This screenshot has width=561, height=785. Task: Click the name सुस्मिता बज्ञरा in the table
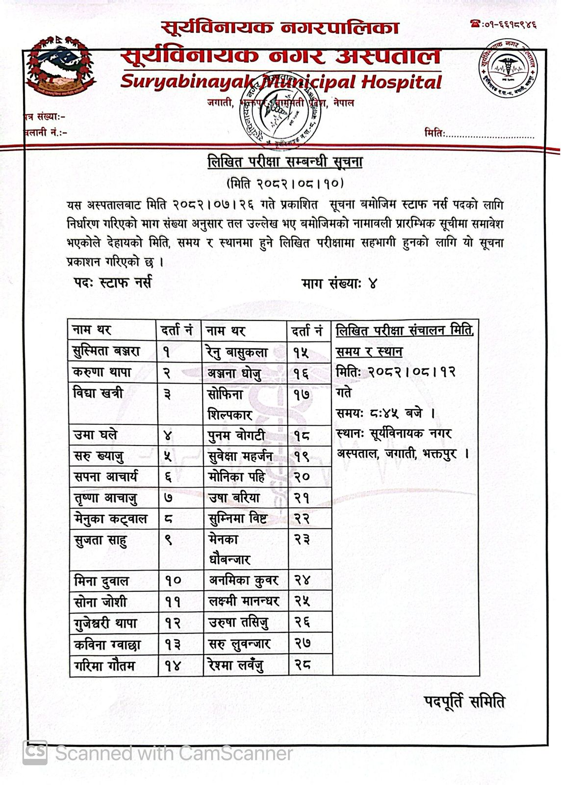(106, 351)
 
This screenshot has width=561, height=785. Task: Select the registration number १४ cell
(173, 666)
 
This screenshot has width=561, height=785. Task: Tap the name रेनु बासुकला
(237, 352)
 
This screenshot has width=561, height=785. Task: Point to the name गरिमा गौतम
(104, 666)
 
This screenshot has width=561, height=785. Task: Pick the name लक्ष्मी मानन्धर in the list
(244, 602)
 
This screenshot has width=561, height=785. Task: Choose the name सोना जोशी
(100, 602)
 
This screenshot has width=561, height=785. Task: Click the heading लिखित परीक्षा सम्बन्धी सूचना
(285, 162)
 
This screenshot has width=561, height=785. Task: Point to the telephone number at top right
(503, 24)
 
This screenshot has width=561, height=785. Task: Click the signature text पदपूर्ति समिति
(464, 702)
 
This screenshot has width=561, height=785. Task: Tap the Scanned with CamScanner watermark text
(174, 753)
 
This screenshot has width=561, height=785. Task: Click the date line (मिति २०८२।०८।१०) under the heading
(285, 183)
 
